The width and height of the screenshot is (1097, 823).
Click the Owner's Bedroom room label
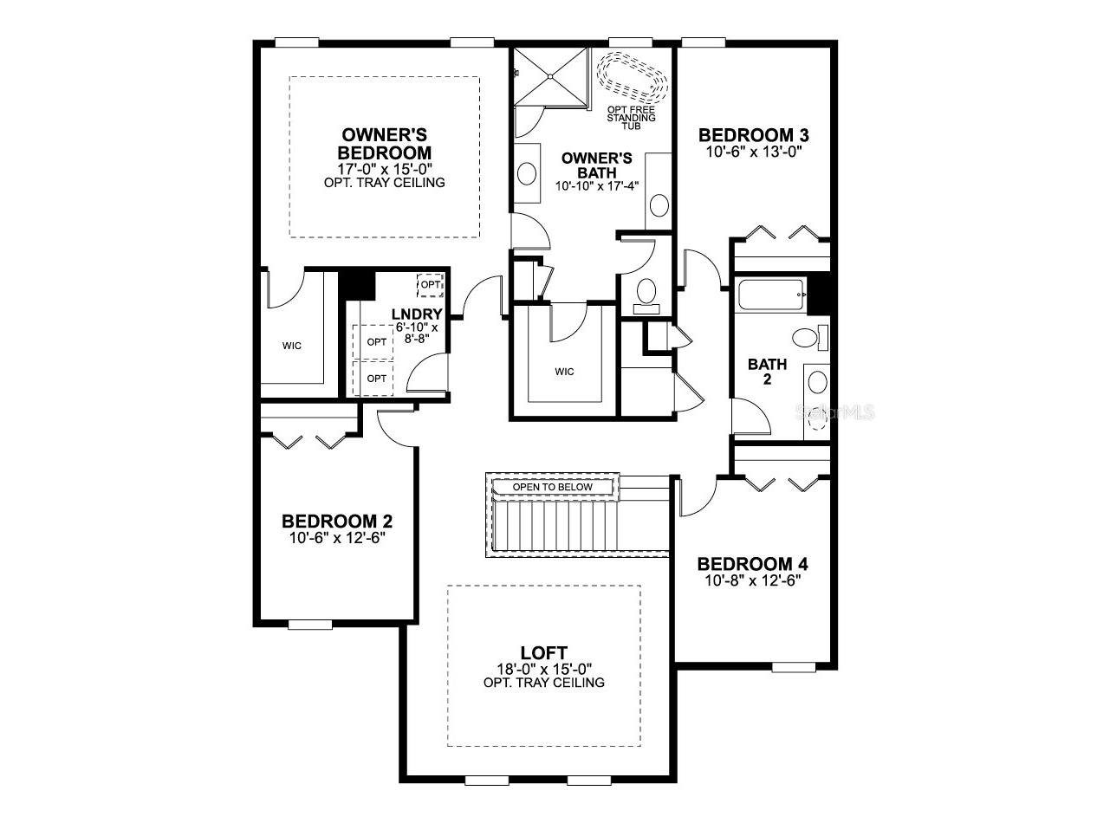click(x=385, y=144)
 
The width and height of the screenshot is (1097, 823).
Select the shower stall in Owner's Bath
click(x=550, y=76)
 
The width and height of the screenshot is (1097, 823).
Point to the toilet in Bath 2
click(x=804, y=338)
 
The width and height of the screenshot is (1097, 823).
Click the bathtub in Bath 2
click(x=769, y=297)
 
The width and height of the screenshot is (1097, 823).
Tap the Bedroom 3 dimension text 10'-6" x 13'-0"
click(x=753, y=151)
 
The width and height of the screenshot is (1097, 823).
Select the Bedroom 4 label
click(x=753, y=564)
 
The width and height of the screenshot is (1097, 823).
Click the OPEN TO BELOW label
click(x=553, y=487)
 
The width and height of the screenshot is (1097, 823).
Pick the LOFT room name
click(x=544, y=652)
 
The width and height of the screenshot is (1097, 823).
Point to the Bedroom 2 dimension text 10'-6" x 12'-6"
click(x=337, y=537)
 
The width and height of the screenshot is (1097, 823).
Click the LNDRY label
click(x=417, y=314)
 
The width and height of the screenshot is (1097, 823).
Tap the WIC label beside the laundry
click(x=292, y=346)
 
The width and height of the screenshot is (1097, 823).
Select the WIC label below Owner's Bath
click(x=564, y=372)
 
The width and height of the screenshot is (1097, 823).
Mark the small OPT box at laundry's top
click(x=431, y=284)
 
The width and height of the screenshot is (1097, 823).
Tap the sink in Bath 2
click(x=816, y=381)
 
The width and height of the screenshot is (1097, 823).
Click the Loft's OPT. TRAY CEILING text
click(x=544, y=683)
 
